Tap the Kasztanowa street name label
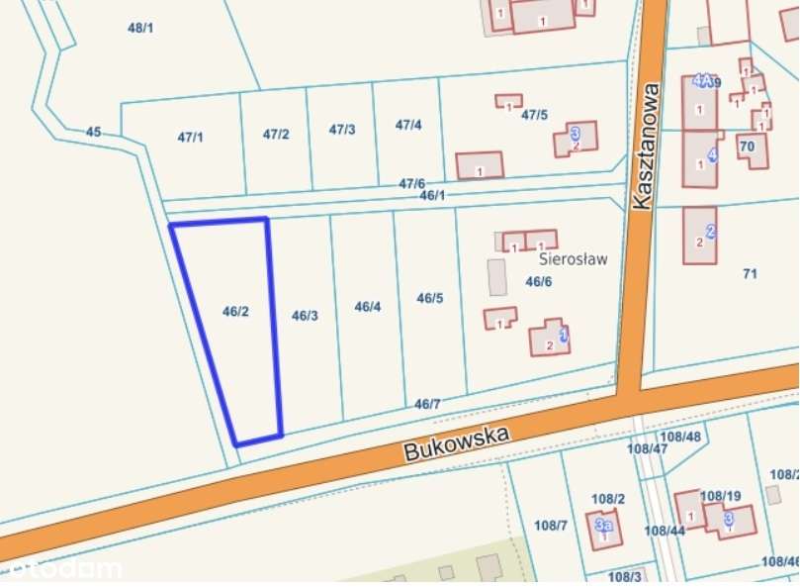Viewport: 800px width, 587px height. tap(644, 145)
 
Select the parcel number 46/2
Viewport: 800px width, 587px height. tap(235, 311)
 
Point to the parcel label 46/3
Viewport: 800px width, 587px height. tap(305, 316)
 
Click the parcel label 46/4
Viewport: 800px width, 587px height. tap(368, 307)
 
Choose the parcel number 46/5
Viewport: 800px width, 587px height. tap(430, 298)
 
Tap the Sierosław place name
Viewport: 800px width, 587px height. tap(573, 259)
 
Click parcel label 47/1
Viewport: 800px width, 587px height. tap(190, 138)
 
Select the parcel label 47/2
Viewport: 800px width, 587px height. tap(276, 134)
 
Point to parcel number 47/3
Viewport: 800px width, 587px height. tap(342, 130)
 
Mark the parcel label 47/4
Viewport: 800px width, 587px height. tap(408, 125)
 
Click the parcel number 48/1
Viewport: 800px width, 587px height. tap(140, 28)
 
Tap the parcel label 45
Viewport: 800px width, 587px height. tap(94, 132)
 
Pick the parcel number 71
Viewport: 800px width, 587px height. tap(749, 273)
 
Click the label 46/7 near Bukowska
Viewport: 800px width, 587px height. tap(427, 403)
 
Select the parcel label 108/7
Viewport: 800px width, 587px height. tap(550, 524)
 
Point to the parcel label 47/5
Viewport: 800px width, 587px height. tap(534, 115)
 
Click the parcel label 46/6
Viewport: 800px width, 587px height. tap(538, 282)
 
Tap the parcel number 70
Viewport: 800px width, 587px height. tap(747, 147)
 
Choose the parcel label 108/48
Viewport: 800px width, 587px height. tap(680, 437)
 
